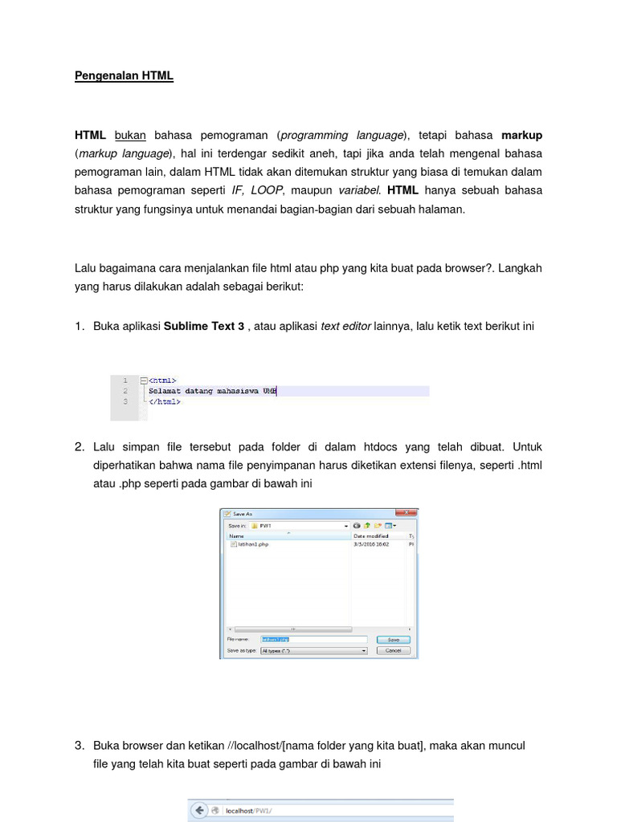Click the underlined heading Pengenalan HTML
click(124, 76)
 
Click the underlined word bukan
click(130, 135)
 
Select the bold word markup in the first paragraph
click(522, 135)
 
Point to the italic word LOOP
click(267, 190)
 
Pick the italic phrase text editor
click(345, 327)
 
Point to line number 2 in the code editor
click(125, 391)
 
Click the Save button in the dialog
click(393, 640)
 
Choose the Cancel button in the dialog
click(393, 650)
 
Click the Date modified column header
click(371, 535)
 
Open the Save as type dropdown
click(313, 650)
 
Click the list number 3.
click(80, 746)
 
